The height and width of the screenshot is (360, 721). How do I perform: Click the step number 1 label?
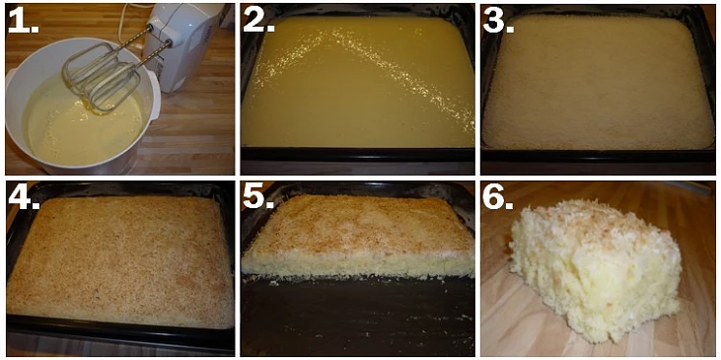[x=24, y=21]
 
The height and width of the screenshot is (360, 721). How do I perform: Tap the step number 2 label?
[x=258, y=21]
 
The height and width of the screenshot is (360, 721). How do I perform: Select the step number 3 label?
[x=498, y=21]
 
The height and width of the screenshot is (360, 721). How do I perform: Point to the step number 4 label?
[x=24, y=197]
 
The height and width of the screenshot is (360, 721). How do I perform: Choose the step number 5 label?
[x=258, y=197]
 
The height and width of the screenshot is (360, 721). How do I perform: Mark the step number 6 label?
[x=498, y=197]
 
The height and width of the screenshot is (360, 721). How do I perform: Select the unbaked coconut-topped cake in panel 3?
[x=598, y=83]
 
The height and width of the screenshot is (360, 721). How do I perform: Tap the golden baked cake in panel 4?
[x=120, y=259]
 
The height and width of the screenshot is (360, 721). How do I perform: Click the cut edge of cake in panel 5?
[x=358, y=264]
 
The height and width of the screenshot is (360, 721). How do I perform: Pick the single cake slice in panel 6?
[x=596, y=271]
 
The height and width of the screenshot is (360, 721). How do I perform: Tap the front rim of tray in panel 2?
[x=358, y=154]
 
